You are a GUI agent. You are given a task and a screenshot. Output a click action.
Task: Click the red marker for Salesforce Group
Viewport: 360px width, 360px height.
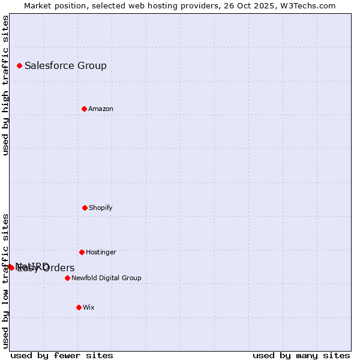(x=19, y=65)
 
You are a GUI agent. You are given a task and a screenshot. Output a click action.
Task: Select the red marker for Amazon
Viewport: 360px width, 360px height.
(x=84, y=109)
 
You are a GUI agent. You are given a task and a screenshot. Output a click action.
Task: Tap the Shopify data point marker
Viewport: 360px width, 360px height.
(x=85, y=208)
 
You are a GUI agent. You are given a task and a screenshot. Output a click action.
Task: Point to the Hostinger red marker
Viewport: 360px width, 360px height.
(x=82, y=252)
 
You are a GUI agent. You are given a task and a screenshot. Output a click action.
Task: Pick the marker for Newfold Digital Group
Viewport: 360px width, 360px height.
(x=67, y=278)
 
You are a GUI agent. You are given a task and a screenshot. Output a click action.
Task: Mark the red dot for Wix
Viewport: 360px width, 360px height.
(x=79, y=307)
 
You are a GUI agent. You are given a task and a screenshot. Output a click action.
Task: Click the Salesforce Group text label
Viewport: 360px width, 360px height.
(x=65, y=66)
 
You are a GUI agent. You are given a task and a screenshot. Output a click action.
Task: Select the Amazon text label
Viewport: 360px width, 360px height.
(x=100, y=109)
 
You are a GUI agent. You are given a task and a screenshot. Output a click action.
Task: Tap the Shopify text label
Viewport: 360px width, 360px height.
(x=100, y=208)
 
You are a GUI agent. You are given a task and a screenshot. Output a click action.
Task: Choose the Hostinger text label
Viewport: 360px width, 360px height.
(x=101, y=253)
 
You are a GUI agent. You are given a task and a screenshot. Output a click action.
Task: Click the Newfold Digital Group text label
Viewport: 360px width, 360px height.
(x=106, y=278)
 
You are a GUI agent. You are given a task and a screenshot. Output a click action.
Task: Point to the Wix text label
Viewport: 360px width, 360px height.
(x=88, y=308)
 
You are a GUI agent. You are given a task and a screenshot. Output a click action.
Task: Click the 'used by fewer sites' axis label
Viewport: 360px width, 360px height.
(x=62, y=355)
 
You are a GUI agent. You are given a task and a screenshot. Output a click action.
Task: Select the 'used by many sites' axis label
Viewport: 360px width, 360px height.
(x=301, y=355)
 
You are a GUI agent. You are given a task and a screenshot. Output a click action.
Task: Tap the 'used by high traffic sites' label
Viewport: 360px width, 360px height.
(x=5, y=85)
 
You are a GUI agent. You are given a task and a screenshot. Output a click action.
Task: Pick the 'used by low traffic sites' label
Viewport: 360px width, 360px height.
(x=5, y=280)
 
